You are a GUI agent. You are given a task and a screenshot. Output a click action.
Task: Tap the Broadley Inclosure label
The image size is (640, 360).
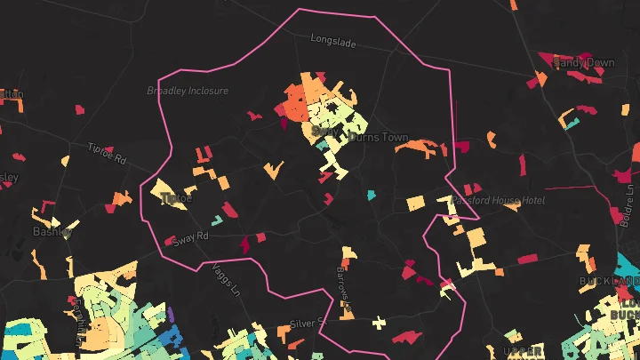point(188,91)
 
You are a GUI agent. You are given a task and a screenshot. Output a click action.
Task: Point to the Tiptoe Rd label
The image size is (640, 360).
point(108,152)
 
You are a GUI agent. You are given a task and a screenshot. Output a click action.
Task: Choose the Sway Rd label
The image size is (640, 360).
point(189,238)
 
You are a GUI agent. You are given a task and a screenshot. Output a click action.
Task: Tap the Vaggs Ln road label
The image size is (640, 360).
point(226,282)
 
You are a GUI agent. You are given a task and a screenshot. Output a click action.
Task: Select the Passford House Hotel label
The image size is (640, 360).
point(498,201)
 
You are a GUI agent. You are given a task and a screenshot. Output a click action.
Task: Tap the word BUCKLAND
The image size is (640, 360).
point(609,282)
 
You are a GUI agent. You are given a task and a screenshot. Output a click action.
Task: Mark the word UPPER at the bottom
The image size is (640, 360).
point(522,351)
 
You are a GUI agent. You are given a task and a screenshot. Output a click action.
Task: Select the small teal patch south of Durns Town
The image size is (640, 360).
point(371,194)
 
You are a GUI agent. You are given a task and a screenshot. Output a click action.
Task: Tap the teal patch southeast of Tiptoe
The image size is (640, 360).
point(216,220)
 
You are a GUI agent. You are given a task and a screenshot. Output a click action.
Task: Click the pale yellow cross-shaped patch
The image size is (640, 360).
point(380,321)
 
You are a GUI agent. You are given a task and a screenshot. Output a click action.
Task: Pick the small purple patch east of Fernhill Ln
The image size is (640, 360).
point(170,315)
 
